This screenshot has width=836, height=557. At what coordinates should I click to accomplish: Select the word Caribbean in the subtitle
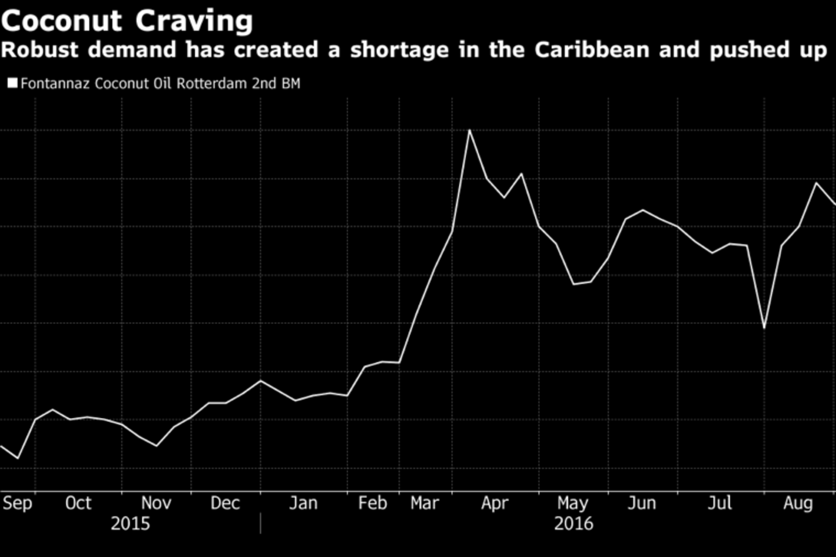592,50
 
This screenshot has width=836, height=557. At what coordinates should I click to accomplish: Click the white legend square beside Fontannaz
12,83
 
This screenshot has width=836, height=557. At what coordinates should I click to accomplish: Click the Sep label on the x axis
17,502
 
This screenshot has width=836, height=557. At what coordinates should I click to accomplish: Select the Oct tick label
78,502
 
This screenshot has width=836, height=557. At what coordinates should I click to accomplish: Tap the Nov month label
156,502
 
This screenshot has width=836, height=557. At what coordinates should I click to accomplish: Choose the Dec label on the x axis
225,502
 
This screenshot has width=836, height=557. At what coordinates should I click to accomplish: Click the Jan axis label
303,502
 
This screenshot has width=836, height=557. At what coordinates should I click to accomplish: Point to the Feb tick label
372,502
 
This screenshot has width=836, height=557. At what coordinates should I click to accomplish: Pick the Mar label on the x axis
424,502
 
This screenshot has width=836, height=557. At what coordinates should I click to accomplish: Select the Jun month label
642,502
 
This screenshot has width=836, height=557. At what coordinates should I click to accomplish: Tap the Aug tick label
798,502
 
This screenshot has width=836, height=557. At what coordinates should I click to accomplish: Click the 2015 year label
130,523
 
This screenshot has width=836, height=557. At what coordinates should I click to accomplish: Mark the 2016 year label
573,523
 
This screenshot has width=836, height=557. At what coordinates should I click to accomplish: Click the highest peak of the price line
469,130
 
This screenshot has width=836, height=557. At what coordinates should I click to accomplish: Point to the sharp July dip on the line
764,328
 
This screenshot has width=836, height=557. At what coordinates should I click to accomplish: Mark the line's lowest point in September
17,458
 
